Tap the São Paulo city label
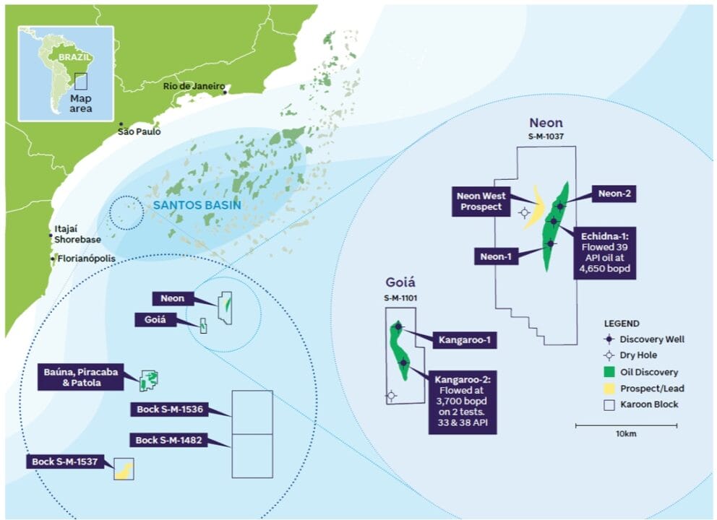click(140, 132)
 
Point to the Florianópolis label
click(86, 259)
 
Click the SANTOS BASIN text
click(197, 206)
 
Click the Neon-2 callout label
click(614, 194)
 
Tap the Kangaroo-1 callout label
click(464, 339)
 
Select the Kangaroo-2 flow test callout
click(463, 402)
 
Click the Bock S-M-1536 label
click(169, 409)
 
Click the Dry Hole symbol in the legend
click(609, 355)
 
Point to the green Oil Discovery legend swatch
click(609, 372)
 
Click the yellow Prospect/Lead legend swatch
click(609, 389)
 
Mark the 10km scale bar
click(626, 426)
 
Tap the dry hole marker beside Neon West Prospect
click(524, 212)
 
